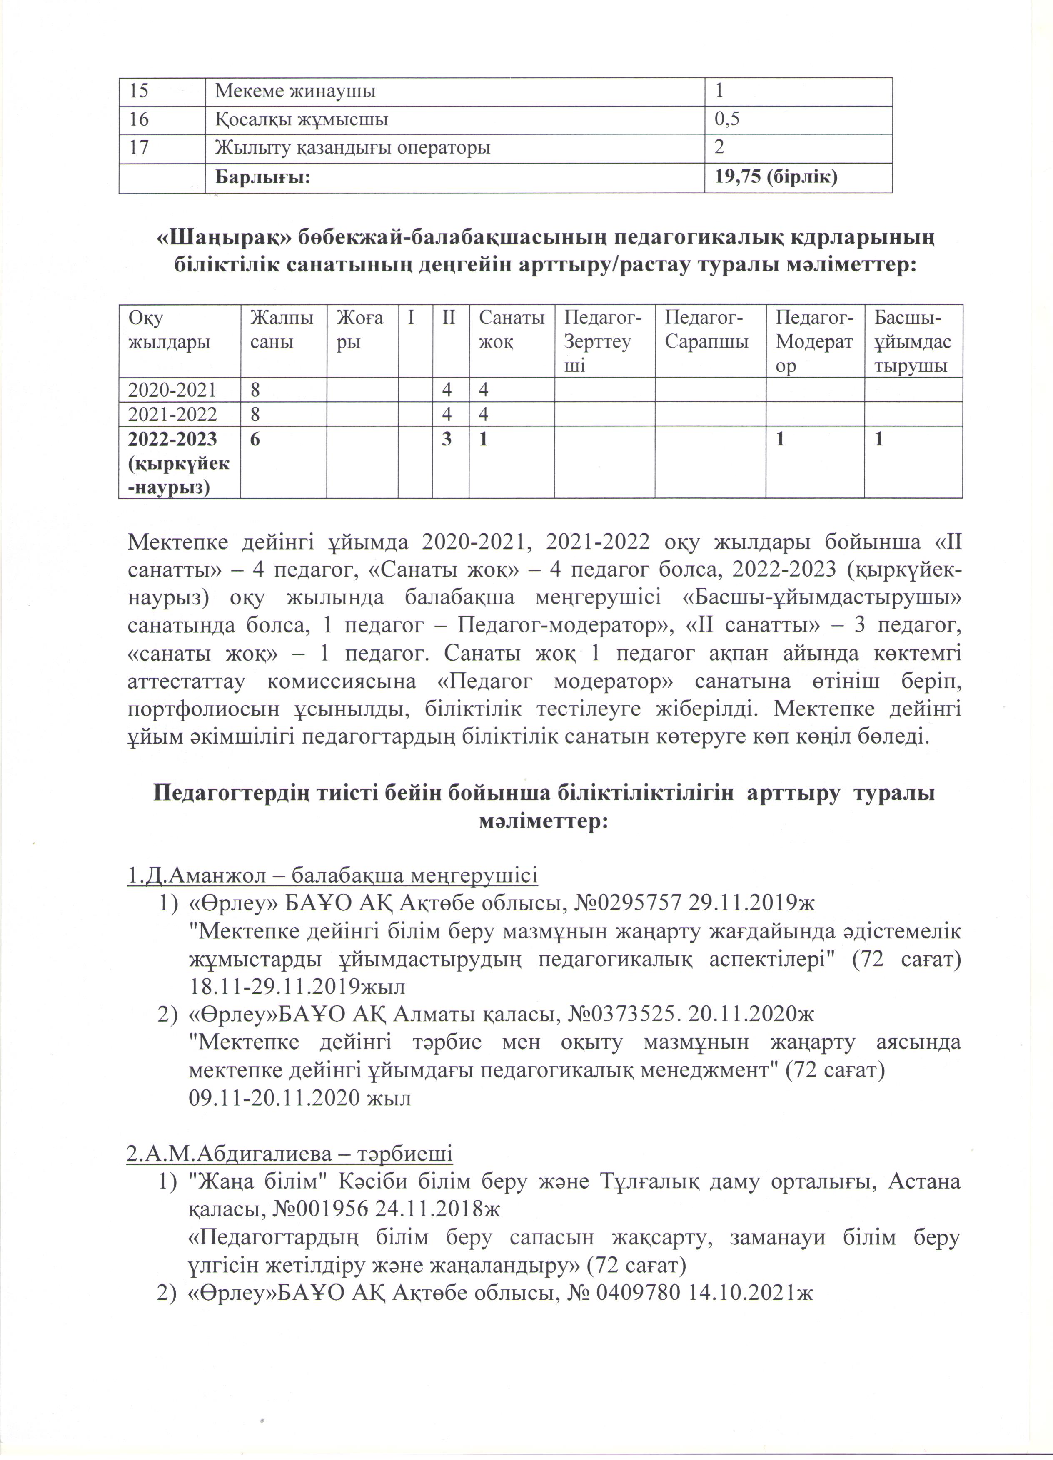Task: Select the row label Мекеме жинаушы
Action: [x=295, y=91]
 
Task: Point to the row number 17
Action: [x=139, y=147]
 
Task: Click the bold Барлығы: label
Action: [x=262, y=177]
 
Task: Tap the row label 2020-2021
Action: [x=172, y=390]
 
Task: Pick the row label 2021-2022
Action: [x=172, y=413]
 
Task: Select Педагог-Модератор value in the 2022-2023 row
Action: [x=781, y=439]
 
